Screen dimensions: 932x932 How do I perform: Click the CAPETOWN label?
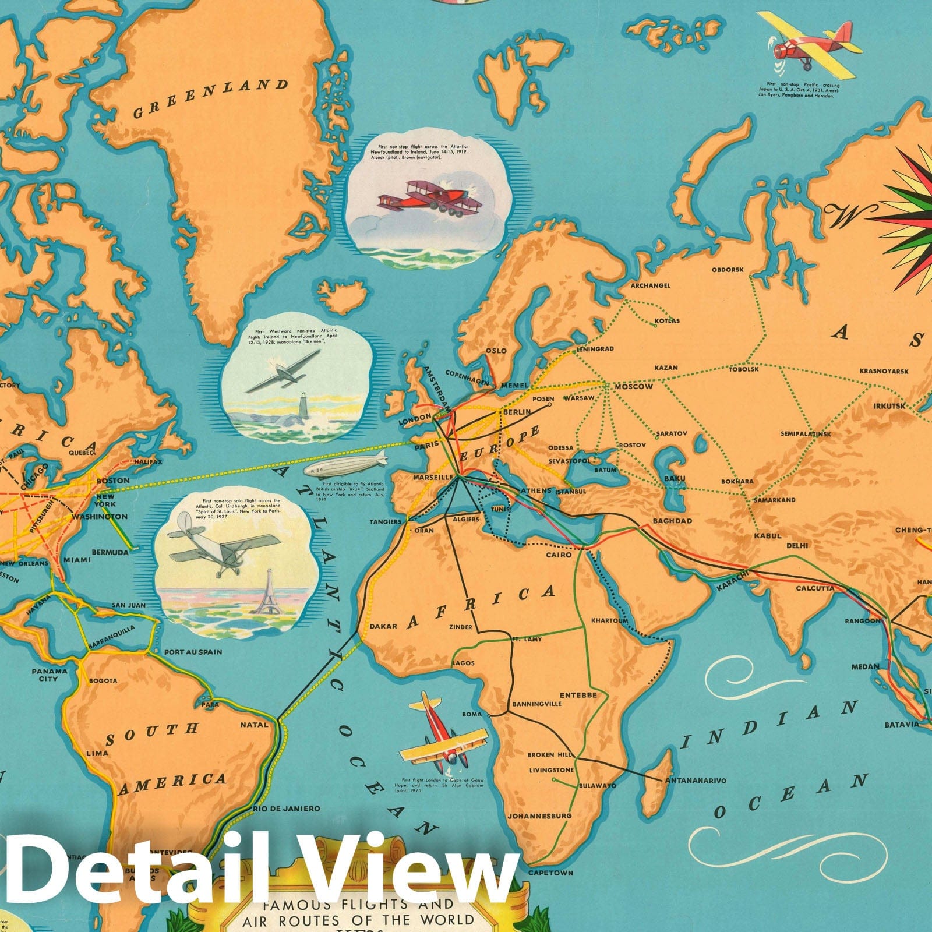[x=550, y=873]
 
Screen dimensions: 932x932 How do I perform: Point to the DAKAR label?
[x=383, y=627]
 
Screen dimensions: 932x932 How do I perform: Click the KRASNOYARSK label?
[x=884, y=371]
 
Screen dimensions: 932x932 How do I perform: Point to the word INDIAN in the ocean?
[x=769, y=725]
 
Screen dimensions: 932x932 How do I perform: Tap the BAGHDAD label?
[x=672, y=521]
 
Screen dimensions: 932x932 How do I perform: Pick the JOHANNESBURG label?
[x=539, y=816]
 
